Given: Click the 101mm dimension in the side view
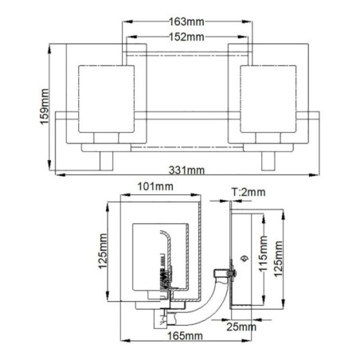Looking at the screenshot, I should tap(156, 188).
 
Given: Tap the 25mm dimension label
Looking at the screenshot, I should tap(241, 327).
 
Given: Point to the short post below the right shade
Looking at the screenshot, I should tap(267, 160).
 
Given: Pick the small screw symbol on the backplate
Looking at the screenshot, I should tap(243, 259).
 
